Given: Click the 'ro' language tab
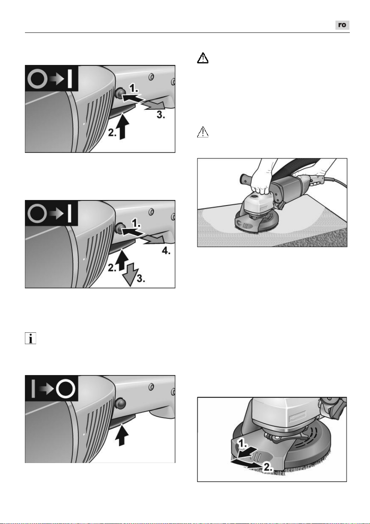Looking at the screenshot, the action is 342,25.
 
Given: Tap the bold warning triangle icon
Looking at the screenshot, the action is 203,58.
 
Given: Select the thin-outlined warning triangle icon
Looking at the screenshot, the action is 203,132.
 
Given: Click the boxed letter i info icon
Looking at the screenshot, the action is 31,338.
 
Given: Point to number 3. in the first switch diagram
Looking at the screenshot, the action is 161,114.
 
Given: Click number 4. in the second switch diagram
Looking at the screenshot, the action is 166,251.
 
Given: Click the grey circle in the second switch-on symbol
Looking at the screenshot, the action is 37,214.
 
